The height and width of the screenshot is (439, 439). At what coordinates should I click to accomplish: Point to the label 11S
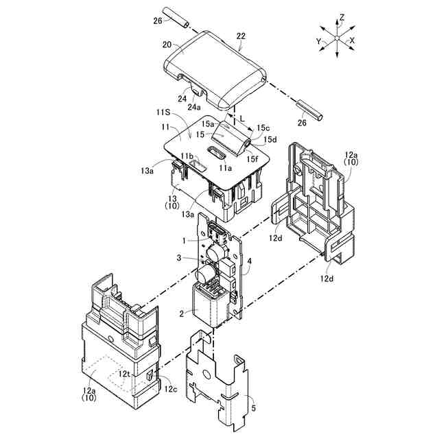point(162,111)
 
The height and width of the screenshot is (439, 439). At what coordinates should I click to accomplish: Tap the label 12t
point(124,373)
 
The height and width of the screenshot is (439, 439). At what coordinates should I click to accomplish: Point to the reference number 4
point(250,261)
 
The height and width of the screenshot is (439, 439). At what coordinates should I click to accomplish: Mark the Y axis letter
point(319,40)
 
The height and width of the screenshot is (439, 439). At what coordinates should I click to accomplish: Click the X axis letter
point(352,40)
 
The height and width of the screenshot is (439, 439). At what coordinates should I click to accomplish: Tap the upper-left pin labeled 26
point(176,18)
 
